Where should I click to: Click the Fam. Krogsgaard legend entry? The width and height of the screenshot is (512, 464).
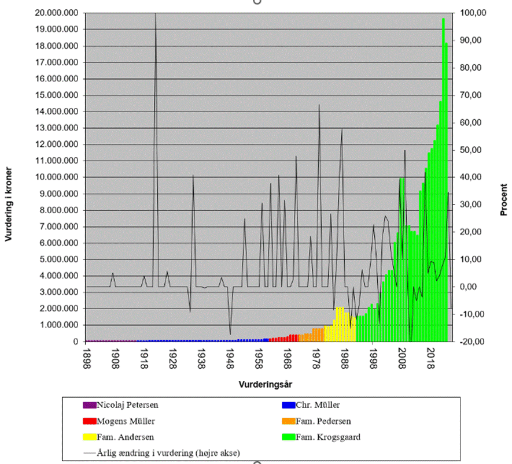coord(327,437)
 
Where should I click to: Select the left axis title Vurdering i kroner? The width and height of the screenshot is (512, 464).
coord(9,214)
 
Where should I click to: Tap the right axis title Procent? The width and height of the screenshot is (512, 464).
coord(503,200)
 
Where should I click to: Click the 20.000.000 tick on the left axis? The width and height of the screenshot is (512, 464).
coord(58,13)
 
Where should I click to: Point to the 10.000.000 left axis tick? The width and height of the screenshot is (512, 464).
coord(58,177)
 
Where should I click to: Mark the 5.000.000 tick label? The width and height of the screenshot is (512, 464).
coord(60,259)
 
